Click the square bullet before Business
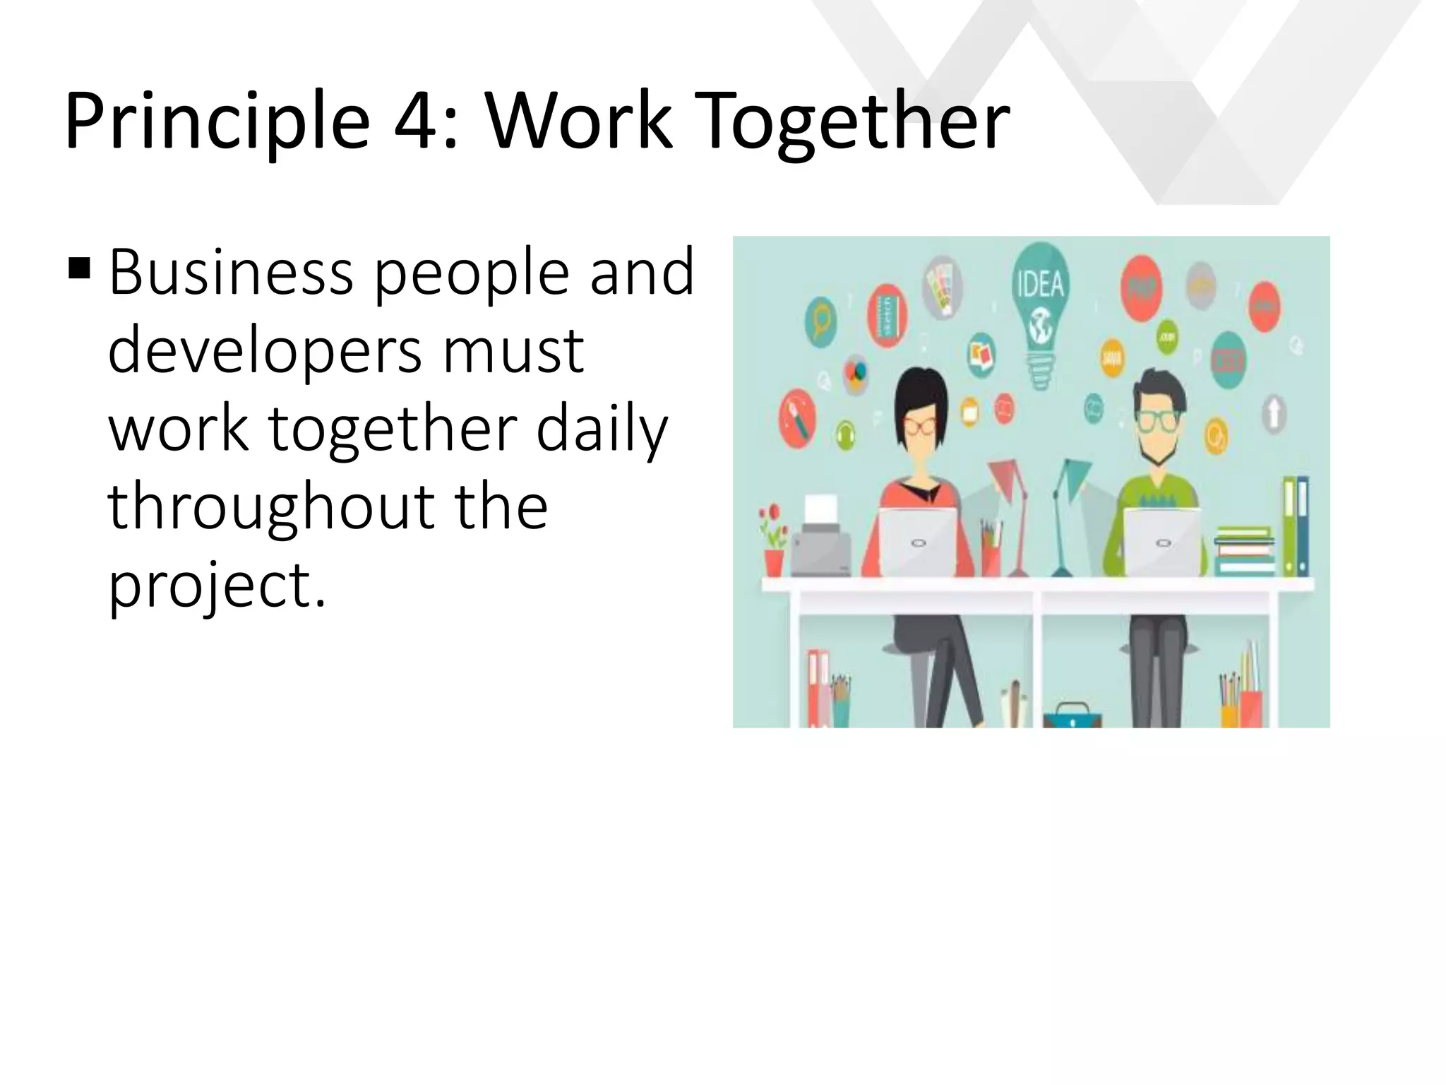[x=80, y=268]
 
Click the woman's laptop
[x=917, y=540]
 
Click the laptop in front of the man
[x=1162, y=540]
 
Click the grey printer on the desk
[x=820, y=540]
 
